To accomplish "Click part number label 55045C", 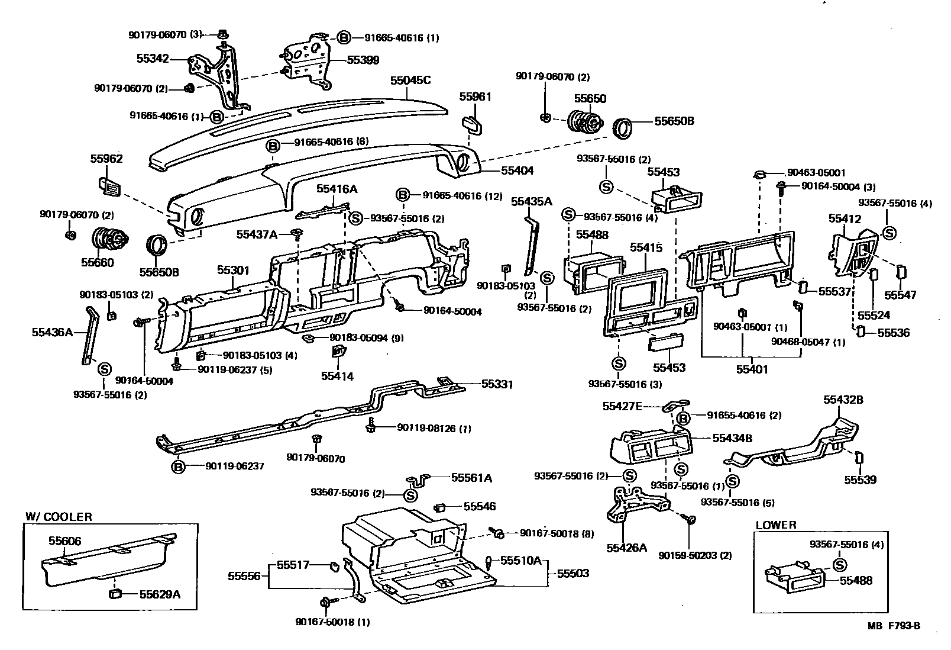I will click(x=410, y=81).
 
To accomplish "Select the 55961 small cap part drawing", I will click(x=471, y=124).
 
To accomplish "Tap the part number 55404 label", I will click(x=517, y=170).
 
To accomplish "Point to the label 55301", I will click(x=233, y=270).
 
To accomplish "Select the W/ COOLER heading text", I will click(x=59, y=516).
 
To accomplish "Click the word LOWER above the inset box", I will click(x=776, y=524).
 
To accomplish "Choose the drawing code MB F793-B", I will click(x=894, y=626).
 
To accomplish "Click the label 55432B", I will click(x=843, y=400).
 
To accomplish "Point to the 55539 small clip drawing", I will click(x=859, y=458).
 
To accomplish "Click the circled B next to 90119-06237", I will click(x=178, y=466).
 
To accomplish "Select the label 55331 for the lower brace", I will click(x=497, y=384).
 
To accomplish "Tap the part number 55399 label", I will click(x=363, y=60).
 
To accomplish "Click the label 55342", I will click(x=153, y=59).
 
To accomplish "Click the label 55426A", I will click(x=626, y=548).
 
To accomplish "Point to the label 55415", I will click(x=646, y=247).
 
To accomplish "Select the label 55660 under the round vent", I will click(x=98, y=262).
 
